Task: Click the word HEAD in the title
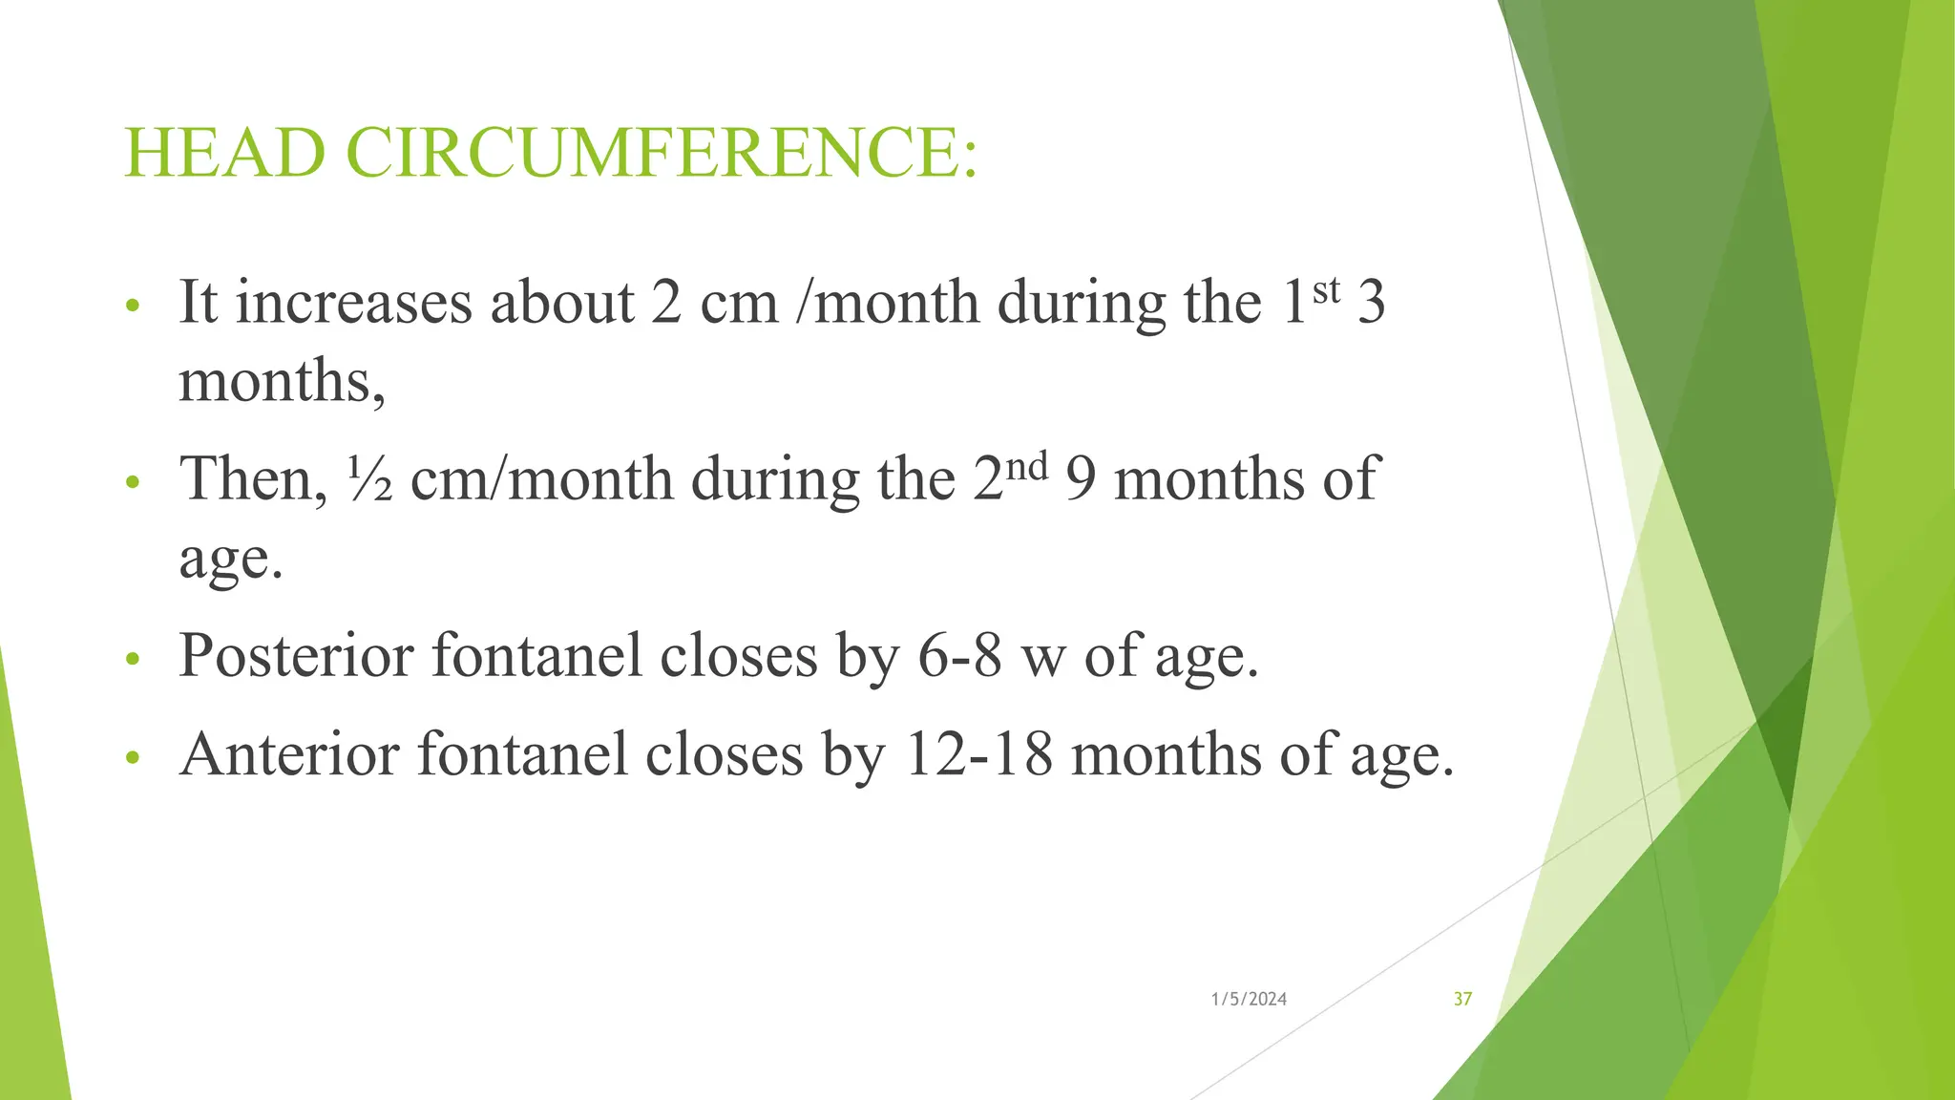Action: [225, 153]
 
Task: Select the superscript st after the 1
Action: [1327, 290]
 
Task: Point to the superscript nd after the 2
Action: [1026, 467]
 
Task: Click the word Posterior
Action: [297, 656]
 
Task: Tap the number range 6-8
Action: [960, 656]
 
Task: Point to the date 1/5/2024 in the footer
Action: [1249, 1000]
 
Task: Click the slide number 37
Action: [1462, 1000]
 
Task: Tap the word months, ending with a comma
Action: [283, 382]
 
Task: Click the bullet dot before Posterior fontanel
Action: [133, 659]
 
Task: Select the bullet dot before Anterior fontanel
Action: [133, 758]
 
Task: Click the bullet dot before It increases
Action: [133, 307]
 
